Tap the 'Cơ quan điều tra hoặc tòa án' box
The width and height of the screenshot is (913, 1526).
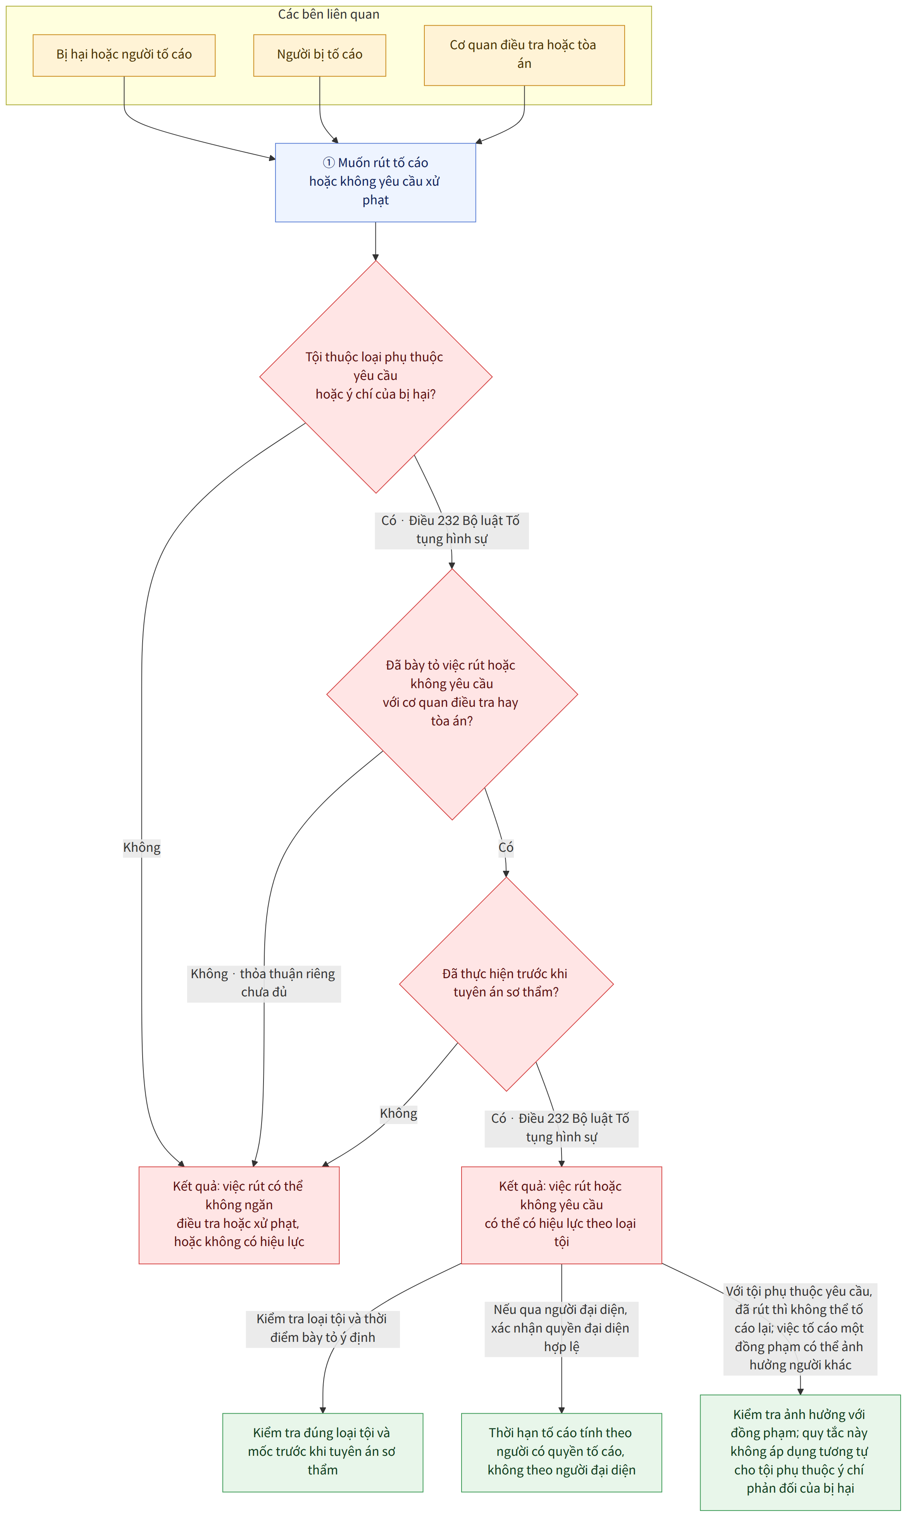click(524, 55)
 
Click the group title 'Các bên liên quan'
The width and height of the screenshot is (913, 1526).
click(329, 14)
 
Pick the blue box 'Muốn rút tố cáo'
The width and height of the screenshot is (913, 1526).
click(375, 182)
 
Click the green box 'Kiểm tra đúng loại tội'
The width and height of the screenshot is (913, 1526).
click(322, 1452)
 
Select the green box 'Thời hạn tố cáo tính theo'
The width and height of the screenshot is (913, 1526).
click(561, 1452)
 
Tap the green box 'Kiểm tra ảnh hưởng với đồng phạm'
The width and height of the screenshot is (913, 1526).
click(800, 1452)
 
